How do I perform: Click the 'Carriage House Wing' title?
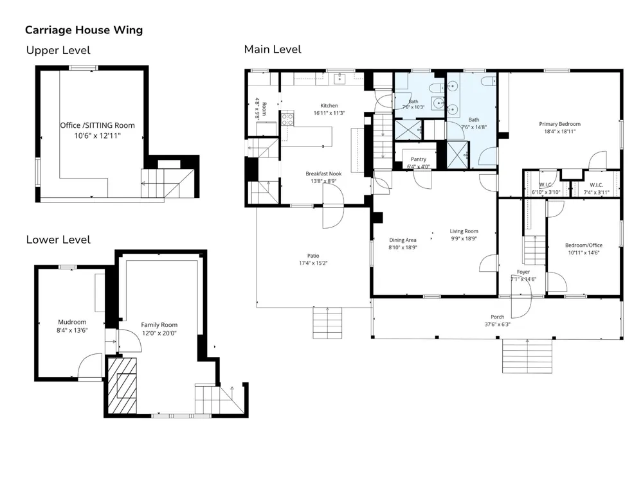coord(84,30)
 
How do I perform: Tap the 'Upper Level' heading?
coord(59,50)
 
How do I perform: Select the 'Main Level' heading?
coord(273,49)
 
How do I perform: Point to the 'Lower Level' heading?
coord(59,240)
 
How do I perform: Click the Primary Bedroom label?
coord(560,124)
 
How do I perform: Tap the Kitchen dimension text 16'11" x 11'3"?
coord(329,113)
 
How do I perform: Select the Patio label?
coord(313,256)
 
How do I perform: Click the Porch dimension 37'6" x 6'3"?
coord(498,324)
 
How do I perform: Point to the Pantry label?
coord(419,159)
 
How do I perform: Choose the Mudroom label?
coord(72,322)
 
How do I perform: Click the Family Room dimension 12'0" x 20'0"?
coord(159,333)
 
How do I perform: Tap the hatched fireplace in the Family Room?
coord(122,386)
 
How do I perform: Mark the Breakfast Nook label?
coord(323,174)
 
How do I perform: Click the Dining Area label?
coord(403,240)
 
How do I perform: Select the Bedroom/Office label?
coord(584,245)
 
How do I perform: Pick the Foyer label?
coord(523,272)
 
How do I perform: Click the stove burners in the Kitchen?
coord(287,120)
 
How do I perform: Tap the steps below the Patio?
coord(327,323)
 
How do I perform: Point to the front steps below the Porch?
coord(527,356)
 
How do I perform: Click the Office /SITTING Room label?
coord(98,125)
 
